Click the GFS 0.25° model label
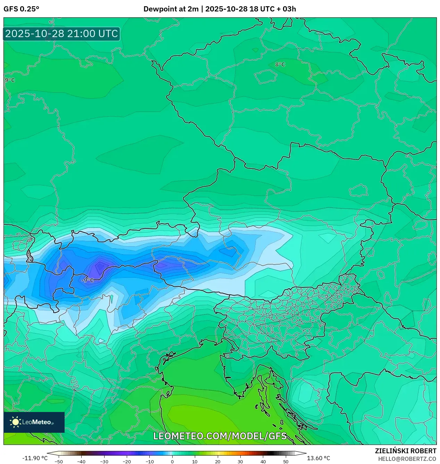(x=21, y=9)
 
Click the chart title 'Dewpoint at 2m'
(x=171, y=9)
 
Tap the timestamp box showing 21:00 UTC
(x=61, y=34)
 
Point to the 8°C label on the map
(x=280, y=65)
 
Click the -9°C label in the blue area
(x=88, y=280)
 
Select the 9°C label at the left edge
(x=10, y=80)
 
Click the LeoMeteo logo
(x=34, y=422)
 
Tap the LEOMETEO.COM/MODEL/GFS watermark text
(x=220, y=436)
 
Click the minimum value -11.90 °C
(x=35, y=458)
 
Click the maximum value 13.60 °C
(x=318, y=458)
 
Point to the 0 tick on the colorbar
(x=172, y=461)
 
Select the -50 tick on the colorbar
(x=59, y=461)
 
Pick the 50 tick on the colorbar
(x=286, y=461)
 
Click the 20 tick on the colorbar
(x=217, y=461)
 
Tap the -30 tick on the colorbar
(x=104, y=461)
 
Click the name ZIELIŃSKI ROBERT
(x=405, y=451)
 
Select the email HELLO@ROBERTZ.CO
(x=407, y=459)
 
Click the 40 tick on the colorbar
(x=263, y=461)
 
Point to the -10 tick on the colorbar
(x=149, y=461)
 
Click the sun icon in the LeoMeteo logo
(x=15, y=422)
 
